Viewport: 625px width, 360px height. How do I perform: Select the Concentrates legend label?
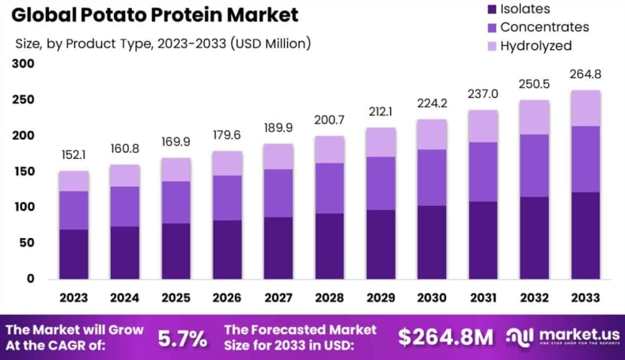(544, 27)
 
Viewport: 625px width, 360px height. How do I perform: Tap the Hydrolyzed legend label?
(536, 46)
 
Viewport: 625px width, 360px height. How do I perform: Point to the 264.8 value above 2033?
(586, 75)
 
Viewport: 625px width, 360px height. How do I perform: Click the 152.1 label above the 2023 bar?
(74, 155)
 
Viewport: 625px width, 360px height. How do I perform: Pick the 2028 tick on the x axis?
(330, 298)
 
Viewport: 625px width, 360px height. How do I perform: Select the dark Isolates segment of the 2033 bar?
(586, 235)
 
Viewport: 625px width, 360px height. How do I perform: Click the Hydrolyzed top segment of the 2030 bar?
(433, 135)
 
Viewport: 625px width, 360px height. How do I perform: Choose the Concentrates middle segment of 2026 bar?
(227, 198)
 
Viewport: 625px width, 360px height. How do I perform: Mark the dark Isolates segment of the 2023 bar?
(74, 254)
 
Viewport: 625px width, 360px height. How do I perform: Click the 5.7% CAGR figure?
(183, 338)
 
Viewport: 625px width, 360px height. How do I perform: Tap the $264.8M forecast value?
(445, 337)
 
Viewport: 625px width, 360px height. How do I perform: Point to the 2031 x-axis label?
(484, 298)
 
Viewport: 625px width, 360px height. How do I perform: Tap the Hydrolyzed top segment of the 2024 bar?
(125, 176)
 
